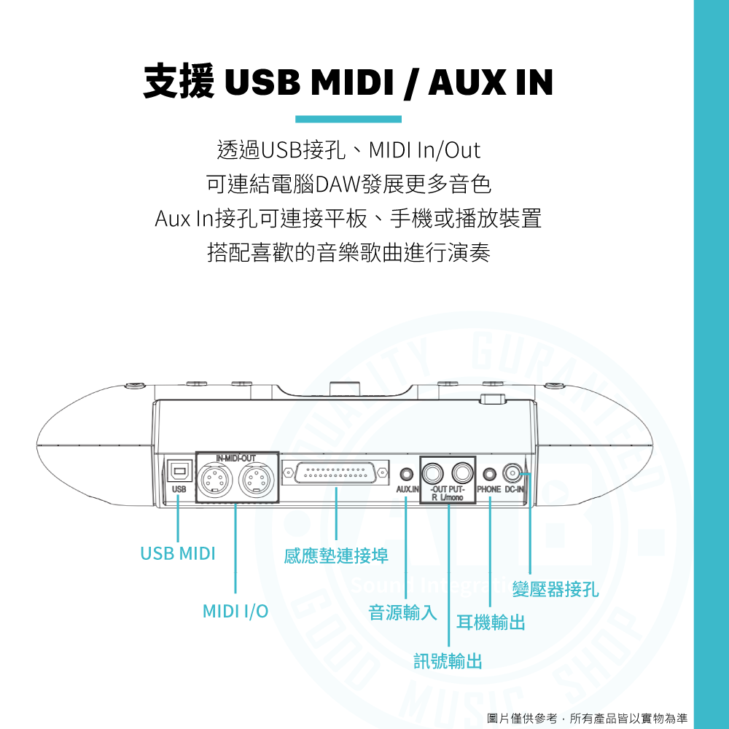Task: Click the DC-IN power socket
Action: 514,473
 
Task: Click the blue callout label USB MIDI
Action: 178,553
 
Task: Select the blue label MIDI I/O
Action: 235,611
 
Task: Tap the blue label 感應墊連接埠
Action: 336,557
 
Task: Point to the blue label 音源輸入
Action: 402,612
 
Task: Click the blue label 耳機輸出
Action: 491,623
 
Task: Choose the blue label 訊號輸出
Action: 448,661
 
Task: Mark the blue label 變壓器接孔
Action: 555,589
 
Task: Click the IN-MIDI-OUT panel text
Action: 236,457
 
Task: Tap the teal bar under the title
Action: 348,119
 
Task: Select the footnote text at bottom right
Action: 587,718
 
